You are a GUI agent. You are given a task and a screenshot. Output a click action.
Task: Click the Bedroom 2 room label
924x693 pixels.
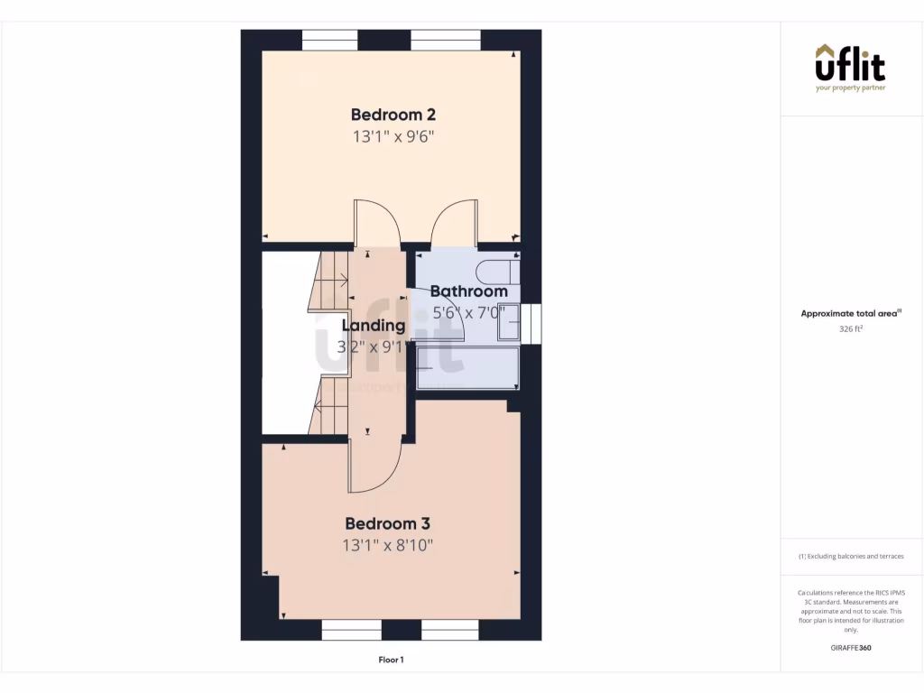coord(393,115)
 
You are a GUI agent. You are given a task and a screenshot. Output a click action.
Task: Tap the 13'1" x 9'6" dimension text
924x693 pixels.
coord(393,137)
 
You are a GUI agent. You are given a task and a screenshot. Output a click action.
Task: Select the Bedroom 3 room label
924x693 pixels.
coord(387,523)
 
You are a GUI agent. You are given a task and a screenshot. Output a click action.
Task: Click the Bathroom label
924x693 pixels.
coord(468,291)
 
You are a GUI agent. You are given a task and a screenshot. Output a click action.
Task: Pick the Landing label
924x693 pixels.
coord(373,326)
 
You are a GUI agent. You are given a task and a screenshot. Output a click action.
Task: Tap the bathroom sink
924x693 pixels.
coord(510,323)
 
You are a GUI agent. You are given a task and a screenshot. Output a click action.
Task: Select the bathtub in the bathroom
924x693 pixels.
coord(467,368)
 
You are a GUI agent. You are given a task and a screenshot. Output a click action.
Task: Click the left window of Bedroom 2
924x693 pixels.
coord(329,41)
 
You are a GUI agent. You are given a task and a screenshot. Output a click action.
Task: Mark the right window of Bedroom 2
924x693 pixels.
coord(446,41)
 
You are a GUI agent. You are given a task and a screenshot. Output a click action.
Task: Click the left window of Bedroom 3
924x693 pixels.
coord(351,630)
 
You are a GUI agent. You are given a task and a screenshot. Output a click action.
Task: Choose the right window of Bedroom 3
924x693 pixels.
coord(449,630)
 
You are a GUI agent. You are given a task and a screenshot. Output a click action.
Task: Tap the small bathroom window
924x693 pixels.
coord(534,323)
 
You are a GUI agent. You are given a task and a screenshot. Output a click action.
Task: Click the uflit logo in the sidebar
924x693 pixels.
coord(850,67)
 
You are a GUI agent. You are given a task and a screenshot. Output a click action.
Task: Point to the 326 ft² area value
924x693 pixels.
coord(851,329)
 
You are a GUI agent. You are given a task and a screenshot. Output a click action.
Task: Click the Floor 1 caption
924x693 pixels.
coord(391,661)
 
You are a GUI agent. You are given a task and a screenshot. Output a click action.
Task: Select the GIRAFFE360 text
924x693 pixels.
coord(851,648)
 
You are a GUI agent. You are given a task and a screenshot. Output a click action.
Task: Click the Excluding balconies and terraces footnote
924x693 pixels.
coord(851,557)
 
